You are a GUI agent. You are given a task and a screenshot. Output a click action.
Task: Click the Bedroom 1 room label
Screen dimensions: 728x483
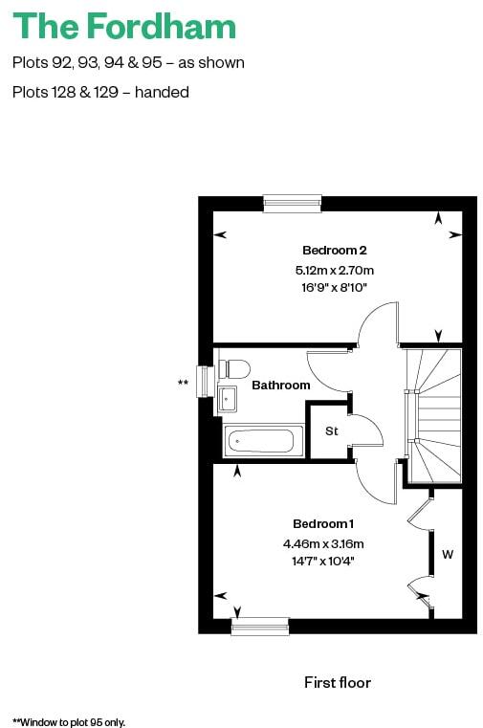(x=323, y=524)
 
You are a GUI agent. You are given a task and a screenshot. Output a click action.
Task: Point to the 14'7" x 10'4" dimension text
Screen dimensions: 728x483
(x=323, y=561)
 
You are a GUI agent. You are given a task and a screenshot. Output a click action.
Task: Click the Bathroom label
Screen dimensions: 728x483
(x=281, y=385)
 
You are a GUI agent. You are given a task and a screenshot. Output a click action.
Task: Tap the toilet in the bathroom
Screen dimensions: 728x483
(x=234, y=368)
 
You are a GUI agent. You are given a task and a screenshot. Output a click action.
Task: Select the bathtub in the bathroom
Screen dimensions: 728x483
(x=260, y=441)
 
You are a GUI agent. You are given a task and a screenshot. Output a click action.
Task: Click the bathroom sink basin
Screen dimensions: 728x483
(x=228, y=397)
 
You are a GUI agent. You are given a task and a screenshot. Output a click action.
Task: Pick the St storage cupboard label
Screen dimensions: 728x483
(x=332, y=431)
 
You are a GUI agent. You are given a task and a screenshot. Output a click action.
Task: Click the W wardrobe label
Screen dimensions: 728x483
(x=447, y=554)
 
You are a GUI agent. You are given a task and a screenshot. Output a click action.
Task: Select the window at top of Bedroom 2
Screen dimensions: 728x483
(x=293, y=203)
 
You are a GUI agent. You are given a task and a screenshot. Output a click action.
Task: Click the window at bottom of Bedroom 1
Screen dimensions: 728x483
(x=260, y=626)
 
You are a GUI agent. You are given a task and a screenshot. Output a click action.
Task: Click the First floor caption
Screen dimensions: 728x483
(x=337, y=682)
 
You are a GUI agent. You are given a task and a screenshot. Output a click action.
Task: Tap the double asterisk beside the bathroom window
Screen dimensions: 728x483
(x=183, y=384)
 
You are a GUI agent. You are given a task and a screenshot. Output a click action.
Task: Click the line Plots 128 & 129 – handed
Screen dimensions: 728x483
(x=100, y=93)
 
